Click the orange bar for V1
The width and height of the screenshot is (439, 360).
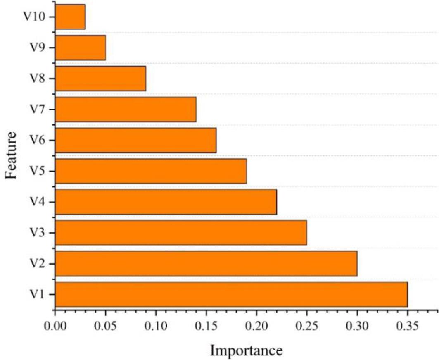coord(231,294)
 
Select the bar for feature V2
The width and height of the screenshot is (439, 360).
coord(206,263)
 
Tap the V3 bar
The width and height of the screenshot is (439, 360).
coord(180,232)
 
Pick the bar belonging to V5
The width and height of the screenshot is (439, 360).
coord(150,171)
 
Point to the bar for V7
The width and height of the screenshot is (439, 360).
coord(125,109)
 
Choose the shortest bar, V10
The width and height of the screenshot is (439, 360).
coord(70,17)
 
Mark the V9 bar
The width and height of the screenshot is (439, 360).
coord(80,48)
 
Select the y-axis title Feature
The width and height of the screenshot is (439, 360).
coord(12,155)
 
